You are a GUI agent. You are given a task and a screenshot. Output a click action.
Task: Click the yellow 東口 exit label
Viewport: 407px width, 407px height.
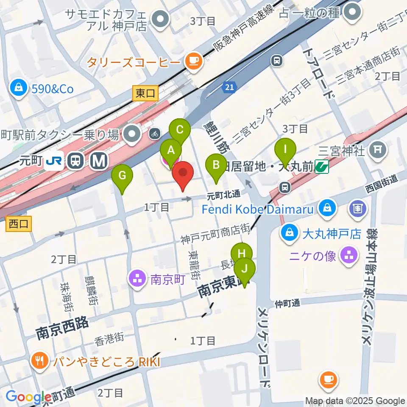click(x=145, y=93)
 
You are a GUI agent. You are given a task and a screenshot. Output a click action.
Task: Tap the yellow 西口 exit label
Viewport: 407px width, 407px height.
click(x=19, y=224)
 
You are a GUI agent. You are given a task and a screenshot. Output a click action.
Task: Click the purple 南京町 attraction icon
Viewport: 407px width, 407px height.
click(x=137, y=279)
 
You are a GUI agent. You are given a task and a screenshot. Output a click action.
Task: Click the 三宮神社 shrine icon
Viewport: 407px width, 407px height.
click(x=376, y=149)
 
